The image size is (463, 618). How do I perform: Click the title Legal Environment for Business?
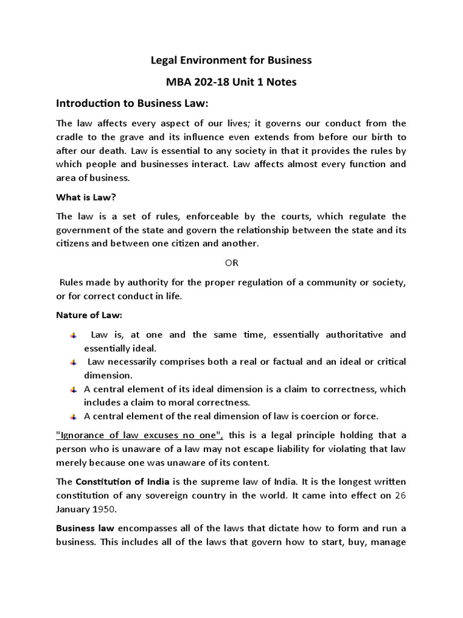coord(231,60)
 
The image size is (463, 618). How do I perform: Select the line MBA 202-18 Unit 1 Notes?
coord(231,81)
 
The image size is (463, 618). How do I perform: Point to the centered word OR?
coord(231,263)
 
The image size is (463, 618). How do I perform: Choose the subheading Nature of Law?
coord(89,315)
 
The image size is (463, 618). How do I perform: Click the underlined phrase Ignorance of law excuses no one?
coord(139,436)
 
